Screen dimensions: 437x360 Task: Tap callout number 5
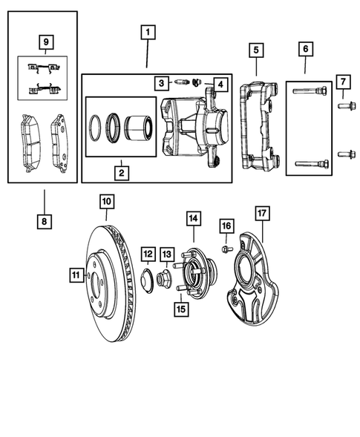[255, 50]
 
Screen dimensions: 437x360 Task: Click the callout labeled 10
[106, 201]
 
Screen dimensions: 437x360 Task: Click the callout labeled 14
[193, 218]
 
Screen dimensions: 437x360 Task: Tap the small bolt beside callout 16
[227, 247]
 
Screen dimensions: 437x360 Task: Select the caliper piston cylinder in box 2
[139, 126]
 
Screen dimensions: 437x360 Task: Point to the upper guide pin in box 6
[310, 91]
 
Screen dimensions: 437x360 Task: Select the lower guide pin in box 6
[310, 165]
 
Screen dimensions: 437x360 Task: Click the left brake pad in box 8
[29, 139]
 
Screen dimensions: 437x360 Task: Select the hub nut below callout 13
[165, 279]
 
